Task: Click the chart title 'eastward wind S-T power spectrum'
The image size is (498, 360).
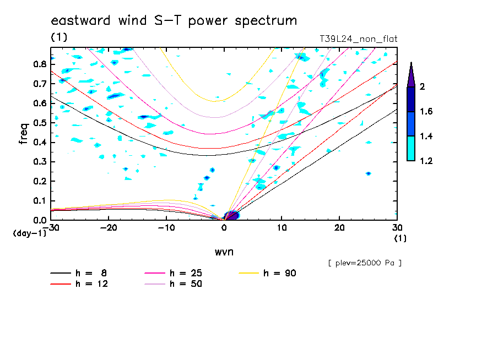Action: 174,21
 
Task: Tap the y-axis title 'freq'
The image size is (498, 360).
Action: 23,133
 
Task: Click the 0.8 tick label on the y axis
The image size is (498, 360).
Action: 40,64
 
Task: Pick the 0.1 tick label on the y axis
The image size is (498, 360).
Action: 40,201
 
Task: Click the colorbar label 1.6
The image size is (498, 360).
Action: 426,112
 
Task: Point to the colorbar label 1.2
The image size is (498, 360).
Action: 426,161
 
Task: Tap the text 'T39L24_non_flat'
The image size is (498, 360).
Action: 358,39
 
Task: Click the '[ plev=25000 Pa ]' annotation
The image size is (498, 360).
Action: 364,263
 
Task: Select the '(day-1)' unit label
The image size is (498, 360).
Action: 29,233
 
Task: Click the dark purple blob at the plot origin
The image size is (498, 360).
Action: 231,215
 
